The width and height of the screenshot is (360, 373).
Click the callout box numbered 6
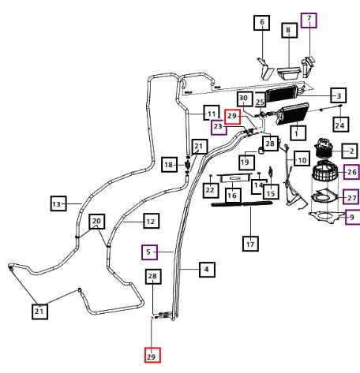point(261,23)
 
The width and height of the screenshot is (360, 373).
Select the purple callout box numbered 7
point(309,20)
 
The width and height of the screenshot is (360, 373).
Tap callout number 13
point(58,203)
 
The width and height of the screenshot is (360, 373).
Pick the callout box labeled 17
point(250,244)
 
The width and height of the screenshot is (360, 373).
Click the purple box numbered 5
point(149,252)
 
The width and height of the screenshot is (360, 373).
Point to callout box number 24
point(341,125)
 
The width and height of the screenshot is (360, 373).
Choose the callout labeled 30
point(245,99)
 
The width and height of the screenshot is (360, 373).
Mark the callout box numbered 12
point(152,221)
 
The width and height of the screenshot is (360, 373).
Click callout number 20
point(97,222)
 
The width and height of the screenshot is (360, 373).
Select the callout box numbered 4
point(207,270)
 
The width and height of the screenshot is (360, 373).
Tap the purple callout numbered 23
point(219,128)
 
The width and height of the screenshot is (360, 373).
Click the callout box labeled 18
point(169,165)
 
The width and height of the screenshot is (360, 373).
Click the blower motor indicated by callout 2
point(323,148)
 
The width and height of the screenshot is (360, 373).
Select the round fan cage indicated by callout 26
point(324,170)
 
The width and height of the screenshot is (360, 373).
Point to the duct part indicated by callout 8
point(289,73)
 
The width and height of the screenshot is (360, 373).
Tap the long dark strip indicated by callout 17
point(242,203)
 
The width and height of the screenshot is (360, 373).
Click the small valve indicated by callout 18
point(187,166)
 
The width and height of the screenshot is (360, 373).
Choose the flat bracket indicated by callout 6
point(265,69)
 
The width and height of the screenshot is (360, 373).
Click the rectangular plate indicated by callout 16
point(234,178)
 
